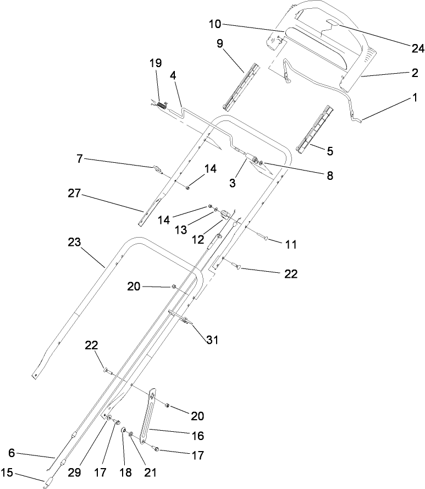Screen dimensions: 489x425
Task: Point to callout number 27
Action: [74, 194]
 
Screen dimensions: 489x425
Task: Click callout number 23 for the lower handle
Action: [75, 242]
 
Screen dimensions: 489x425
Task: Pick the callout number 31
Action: [212, 340]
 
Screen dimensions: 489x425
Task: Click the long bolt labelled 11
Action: [266, 237]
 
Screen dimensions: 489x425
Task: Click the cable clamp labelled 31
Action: [184, 321]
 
